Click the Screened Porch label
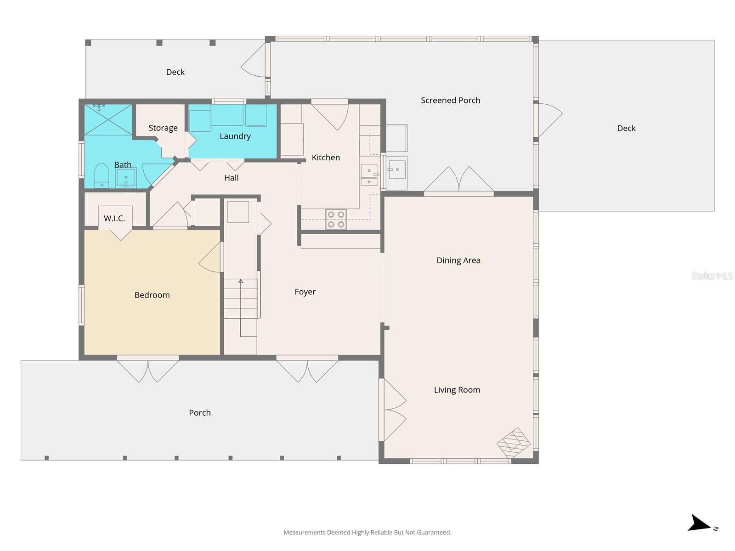[x=450, y=100]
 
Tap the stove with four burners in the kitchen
[x=336, y=219]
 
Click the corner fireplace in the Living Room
[x=514, y=443]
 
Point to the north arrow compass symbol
[x=701, y=524]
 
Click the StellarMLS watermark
[x=712, y=275]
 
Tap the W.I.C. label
[x=114, y=218]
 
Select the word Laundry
[x=235, y=136]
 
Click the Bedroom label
[x=152, y=295]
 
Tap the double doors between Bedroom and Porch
[x=147, y=370]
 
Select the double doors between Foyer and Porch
[x=307, y=370]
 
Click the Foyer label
[x=305, y=292]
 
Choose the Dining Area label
[x=458, y=260]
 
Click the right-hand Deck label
[x=626, y=128]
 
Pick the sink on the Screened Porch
[x=397, y=170]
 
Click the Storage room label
[x=163, y=128]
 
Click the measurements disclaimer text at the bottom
[x=367, y=532]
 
